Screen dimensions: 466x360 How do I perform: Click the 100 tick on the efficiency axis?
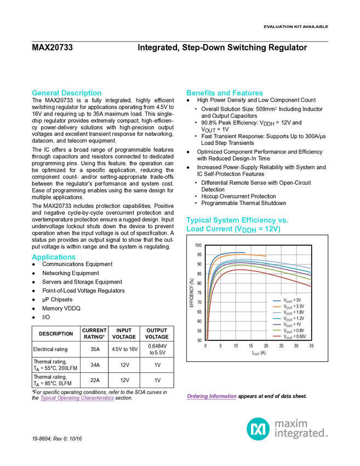click(198, 246)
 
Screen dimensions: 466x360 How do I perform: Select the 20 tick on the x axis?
click(266, 346)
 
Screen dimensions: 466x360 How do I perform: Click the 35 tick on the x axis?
click(311, 346)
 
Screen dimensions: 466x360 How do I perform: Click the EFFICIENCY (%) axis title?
click(192, 293)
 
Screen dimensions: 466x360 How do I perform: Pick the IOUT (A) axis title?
click(259, 353)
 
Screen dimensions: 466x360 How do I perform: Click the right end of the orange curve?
click(266, 256)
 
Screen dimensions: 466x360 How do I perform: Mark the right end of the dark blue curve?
click(244, 252)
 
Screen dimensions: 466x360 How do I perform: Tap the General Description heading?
click(67, 93)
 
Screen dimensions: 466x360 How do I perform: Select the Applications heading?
click(54, 257)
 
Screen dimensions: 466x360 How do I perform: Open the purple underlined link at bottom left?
click(77, 398)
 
